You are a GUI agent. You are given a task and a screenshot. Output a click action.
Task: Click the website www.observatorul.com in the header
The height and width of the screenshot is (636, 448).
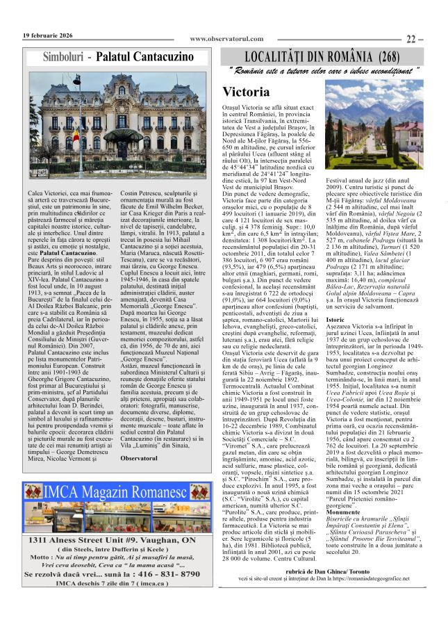click(226, 39)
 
